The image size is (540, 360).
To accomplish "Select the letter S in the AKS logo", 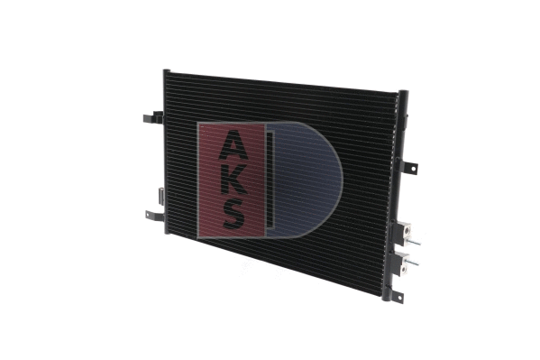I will (x=233, y=214).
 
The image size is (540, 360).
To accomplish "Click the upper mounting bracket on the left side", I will (x=154, y=117).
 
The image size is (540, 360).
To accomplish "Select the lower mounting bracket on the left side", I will (x=154, y=216).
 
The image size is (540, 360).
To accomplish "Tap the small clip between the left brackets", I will (x=160, y=193).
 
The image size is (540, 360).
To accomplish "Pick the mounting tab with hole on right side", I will (x=410, y=168).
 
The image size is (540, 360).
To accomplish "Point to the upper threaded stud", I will (x=415, y=242).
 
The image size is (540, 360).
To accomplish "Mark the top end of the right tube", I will (x=402, y=94).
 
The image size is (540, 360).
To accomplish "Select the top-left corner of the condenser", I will (x=167, y=73).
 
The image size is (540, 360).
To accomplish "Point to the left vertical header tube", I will (x=167, y=153).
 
